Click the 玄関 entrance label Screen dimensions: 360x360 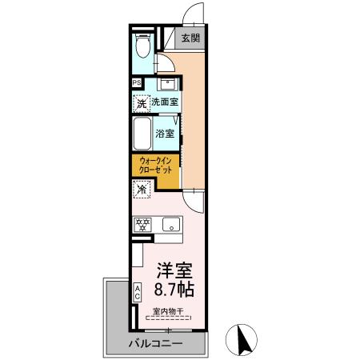pos(190,38)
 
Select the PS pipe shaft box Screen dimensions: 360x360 pos(137,82)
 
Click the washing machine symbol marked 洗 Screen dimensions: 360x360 pos(141,102)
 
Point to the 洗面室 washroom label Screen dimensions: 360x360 pos(165,102)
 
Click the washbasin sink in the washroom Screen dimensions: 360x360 pos(169,83)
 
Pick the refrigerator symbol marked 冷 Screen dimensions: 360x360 pos(141,190)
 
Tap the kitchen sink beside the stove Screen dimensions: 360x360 pos(170,226)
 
